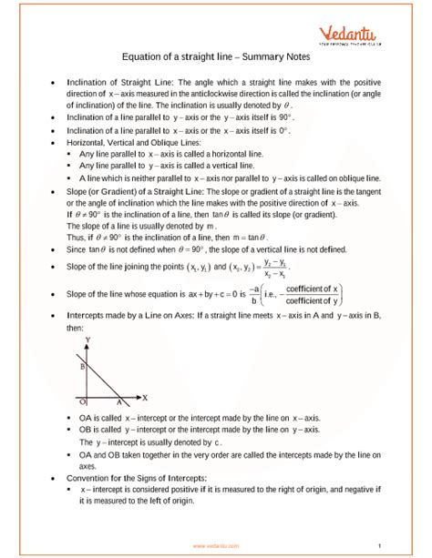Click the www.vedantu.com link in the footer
[216, 545]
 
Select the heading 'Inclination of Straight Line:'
[114, 82]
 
